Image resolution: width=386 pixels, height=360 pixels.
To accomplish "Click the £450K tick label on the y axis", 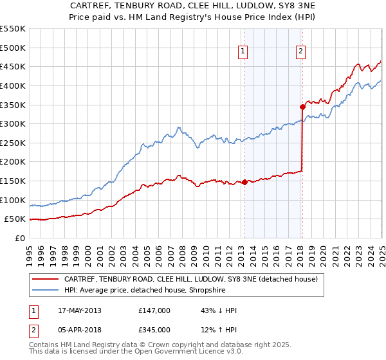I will coord(13,67).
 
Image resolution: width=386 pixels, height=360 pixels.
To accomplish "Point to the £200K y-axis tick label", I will coord(13,162).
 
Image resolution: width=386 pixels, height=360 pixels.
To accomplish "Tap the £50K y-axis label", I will coord(15,219).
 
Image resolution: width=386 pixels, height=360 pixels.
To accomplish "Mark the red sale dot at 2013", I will coord(244,183).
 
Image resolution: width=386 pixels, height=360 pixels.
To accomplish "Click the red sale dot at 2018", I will coord(302,107).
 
